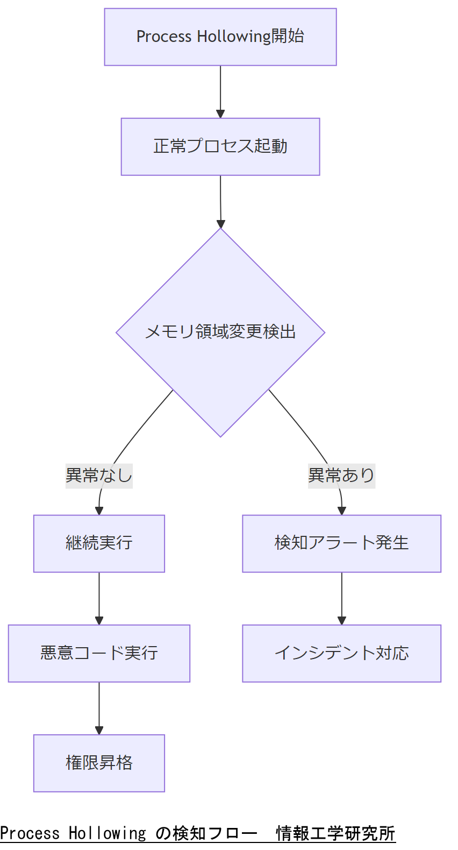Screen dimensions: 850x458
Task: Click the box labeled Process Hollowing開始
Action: (x=220, y=37)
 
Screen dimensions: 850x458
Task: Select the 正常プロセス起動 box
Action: (x=220, y=147)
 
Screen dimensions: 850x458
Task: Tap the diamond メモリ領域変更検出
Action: (x=220, y=332)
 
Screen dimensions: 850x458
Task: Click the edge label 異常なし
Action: (x=99, y=476)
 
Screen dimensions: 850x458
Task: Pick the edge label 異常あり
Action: (x=341, y=476)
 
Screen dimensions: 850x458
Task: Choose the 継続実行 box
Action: (x=99, y=543)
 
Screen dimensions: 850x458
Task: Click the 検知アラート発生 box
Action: (x=341, y=543)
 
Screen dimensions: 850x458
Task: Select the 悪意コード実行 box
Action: (x=99, y=653)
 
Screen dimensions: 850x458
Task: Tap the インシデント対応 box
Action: (x=341, y=653)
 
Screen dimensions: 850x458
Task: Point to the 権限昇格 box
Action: (x=99, y=763)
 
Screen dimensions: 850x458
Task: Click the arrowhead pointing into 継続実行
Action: (x=99, y=511)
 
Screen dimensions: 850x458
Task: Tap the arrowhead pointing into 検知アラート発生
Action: (x=342, y=511)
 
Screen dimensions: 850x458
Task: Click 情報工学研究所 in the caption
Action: (x=335, y=833)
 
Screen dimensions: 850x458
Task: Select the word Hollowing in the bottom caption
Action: (x=107, y=833)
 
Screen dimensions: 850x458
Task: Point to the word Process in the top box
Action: (x=164, y=37)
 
